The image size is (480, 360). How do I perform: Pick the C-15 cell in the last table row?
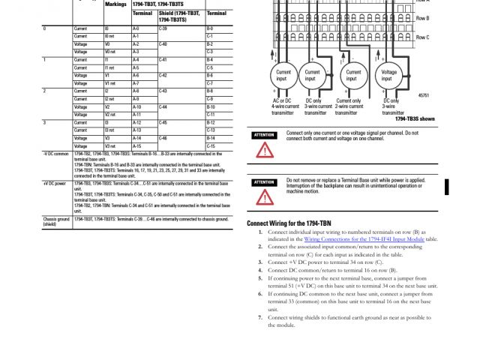(210, 146)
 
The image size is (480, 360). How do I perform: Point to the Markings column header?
(115, 4)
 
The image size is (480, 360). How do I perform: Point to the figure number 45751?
(423, 96)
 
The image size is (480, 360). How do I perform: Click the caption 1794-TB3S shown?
(415, 118)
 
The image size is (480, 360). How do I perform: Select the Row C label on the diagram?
(422, 37)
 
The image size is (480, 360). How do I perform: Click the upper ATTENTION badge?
(264, 135)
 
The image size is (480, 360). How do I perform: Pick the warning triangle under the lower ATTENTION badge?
(264, 196)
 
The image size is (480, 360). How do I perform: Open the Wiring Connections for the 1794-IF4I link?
(367, 238)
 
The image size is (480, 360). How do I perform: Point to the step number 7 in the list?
(259, 318)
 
